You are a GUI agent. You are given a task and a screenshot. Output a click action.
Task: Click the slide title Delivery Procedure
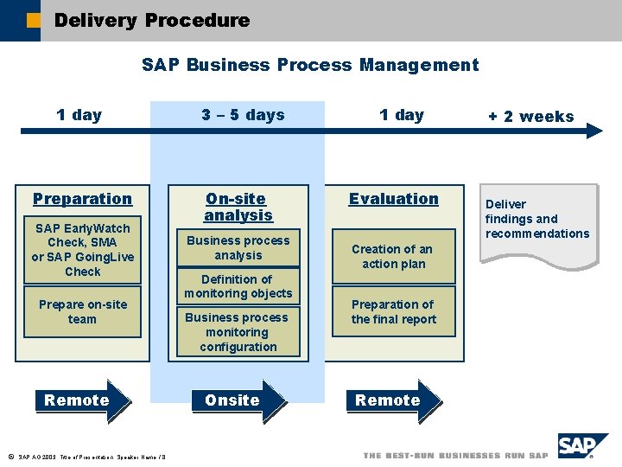[151, 20]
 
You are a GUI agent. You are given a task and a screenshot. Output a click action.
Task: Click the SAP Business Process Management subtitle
[309, 65]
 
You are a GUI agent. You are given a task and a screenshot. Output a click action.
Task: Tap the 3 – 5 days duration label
[243, 115]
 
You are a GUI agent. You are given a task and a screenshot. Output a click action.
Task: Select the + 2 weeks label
[530, 117]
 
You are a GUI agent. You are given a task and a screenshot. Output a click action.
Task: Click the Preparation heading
[82, 199]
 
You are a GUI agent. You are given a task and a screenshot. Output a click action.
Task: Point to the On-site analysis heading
[238, 207]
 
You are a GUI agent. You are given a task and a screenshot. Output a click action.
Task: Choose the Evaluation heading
[394, 199]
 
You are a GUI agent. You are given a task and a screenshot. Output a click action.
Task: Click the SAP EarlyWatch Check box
[82, 250]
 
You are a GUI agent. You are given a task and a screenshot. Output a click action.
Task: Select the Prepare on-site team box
[82, 312]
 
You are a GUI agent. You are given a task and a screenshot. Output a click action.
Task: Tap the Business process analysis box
[238, 248]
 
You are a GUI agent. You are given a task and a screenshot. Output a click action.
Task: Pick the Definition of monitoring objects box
[238, 286]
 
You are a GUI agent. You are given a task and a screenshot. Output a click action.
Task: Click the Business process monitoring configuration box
[238, 332]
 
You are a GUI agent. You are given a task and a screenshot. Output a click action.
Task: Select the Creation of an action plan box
[394, 257]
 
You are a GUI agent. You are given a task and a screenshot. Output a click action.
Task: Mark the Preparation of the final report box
[394, 312]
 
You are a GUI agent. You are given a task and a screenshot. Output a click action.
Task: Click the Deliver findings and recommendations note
[537, 220]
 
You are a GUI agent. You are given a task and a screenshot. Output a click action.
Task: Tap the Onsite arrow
[239, 400]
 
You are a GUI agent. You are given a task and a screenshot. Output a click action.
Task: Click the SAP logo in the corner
[583, 446]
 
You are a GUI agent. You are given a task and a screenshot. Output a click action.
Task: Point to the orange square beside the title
[33, 21]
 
